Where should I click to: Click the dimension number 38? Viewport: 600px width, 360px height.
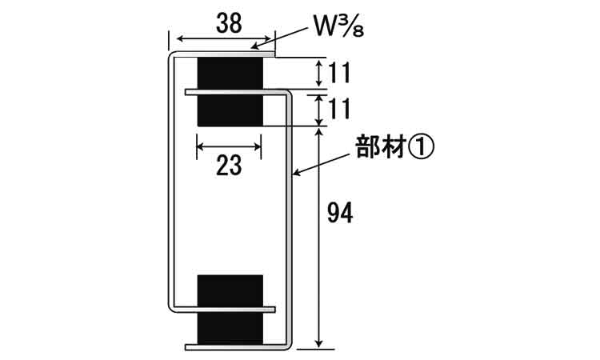pyautogui.click(x=229, y=23)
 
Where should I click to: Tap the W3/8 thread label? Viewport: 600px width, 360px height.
pyautogui.click(x=338, y=26)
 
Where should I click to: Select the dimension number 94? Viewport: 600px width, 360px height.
pyautogui.click(x=340, y=213)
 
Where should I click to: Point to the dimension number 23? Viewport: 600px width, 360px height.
pyautogui.click(x=229, y=166)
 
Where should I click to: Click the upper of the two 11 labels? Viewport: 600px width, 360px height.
pyautogui.click(x=339, y=73)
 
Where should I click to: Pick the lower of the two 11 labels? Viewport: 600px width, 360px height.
pyautogui.click(x=339, y=108)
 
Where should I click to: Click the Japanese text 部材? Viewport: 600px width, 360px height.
pyautogui.click(x=380, y=147)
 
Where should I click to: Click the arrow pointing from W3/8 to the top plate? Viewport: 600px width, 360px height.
pyautogui.click(x=280, y=38)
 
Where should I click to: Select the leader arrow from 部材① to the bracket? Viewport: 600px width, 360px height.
pyautogui.click(x=322, y=165)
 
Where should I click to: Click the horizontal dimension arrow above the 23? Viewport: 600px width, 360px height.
pyautogui.click(x=229, y=146)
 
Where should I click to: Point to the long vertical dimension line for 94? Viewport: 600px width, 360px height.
pyautogui.click(x=319, y=238)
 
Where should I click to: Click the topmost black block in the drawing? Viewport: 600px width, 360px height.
pyautogui.click(x=230, y=74)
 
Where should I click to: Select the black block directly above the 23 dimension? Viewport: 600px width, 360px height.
pyautogui.click(x=230, y=110)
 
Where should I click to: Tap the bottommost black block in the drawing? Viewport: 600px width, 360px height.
pyautogui.click(x=230, y=328)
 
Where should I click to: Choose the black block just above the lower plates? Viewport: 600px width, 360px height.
pyautogui.click(x=230, y=290)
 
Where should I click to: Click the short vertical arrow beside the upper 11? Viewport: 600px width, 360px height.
pyautogui.click(x=319, y=74)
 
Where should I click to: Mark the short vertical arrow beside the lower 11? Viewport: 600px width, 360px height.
pyautogui.click(x=319, y=110)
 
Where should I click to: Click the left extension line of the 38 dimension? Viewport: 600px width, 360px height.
pyautogui.click(x=168, y=41)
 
